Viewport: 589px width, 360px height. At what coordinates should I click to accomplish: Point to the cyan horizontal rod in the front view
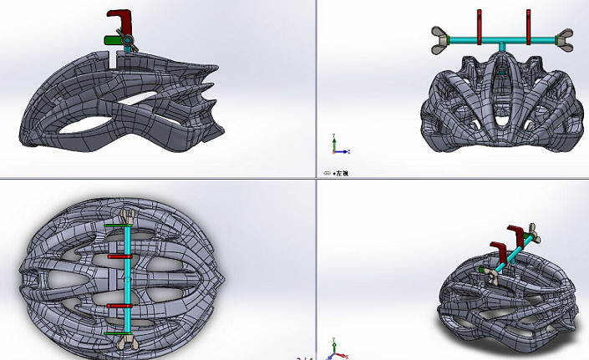pos(503,39)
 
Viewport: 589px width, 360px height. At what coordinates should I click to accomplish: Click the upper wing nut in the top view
pos(127,218)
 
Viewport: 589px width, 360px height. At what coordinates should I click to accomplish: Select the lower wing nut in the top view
pos(127,340)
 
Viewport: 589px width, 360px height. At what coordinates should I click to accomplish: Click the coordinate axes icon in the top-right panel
pos(336,146)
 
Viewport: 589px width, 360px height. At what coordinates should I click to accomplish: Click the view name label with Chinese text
pos(338,173)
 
